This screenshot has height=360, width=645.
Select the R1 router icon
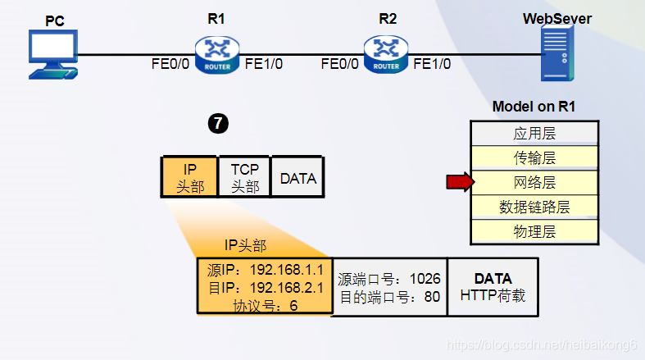216,55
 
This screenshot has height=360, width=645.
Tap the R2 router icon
387,55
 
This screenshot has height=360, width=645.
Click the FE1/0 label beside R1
264,63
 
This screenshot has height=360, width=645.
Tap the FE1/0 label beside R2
432,63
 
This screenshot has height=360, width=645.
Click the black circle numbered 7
218,124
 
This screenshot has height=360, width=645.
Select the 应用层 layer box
534,133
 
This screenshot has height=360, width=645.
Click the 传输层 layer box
534,157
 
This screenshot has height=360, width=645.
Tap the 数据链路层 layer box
534,207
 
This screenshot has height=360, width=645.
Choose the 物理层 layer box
534,231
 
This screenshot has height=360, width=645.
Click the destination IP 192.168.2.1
265,287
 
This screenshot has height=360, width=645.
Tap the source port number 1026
388,279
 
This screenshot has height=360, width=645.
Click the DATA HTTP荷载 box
493,287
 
